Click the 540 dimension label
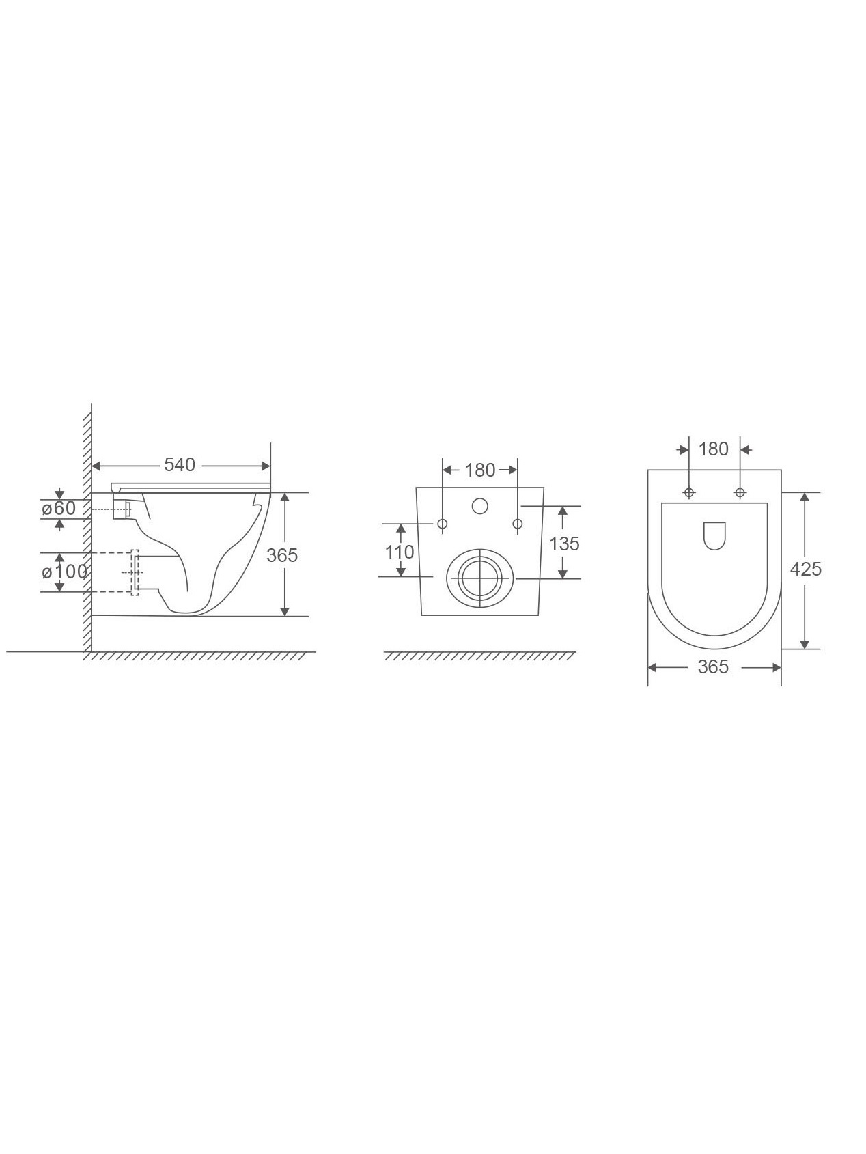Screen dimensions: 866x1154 pos(180,465)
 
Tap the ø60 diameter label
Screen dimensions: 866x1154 pos(59,509)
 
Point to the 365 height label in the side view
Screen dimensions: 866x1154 pos(282,555)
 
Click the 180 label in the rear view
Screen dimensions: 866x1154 pos(479,470)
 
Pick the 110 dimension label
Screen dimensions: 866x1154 pos(400,552)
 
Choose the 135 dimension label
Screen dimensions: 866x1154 pos(564,544)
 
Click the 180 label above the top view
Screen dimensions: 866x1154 pos(714,449)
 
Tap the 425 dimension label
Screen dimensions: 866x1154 pos(806,569)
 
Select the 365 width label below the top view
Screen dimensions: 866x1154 pos(713,666)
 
